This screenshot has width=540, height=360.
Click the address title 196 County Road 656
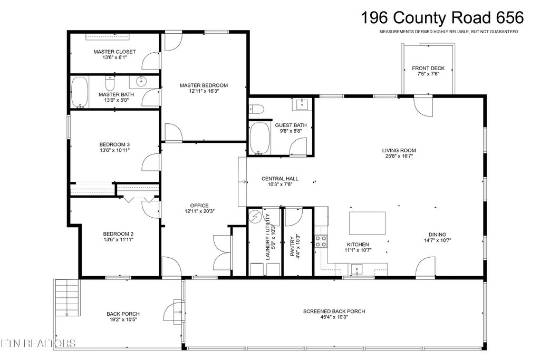(x=442, y=17)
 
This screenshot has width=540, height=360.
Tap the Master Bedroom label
(x=204, y=85)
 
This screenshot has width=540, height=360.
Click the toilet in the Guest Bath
(x=257, y=109)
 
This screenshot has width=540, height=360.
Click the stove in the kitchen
(x=321, y=241)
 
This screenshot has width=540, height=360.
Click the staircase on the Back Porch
(x=67, y=298)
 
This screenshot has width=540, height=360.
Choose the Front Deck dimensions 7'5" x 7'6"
(x=428, y=74)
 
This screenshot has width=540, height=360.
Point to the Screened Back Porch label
(x=334, y=311)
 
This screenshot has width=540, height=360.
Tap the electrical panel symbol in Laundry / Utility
(x=255, y=216)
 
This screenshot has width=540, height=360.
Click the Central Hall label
(x=280, y=179)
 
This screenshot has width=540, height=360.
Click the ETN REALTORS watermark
(x=38, y=344)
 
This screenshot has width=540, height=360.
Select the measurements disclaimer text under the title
(x=448, y=32)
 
